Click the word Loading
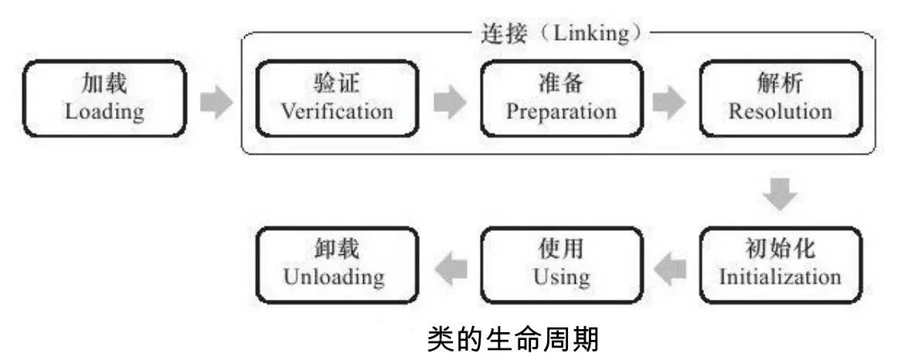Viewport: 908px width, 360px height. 104,112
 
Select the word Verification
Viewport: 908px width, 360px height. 336,111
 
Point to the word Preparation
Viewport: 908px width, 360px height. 561,111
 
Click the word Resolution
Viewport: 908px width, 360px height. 780,111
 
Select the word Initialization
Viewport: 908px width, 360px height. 780,277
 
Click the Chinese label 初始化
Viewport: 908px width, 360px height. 780,250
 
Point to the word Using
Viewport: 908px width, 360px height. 561,277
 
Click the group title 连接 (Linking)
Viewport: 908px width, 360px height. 560,36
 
